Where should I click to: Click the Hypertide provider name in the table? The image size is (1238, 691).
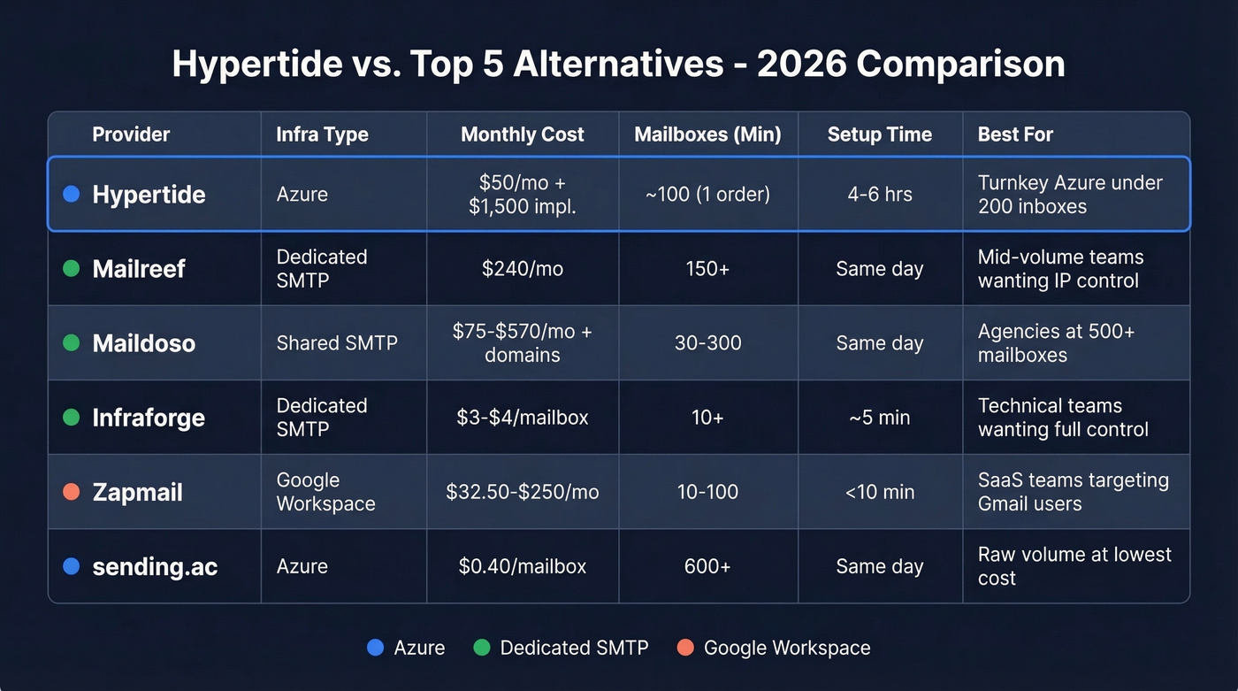coord(149,195)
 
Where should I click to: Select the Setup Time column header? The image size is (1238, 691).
coord(879,134)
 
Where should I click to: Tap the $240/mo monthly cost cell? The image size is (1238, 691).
coord(522,269)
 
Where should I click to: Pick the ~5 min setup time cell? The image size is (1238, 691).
coord(879,418)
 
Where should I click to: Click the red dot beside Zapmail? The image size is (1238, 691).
coord(72,492)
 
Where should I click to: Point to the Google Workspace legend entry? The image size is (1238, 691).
coord(786,648)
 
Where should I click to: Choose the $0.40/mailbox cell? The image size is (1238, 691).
coord(522,566)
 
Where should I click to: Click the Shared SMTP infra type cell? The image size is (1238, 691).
coord(336,343)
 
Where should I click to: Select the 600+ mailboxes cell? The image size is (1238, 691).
coord(707,566)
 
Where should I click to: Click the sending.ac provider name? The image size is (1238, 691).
coord(155,566)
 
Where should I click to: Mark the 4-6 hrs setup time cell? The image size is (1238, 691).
coord(879,195)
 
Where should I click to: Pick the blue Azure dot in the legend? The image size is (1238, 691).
coord(375,648)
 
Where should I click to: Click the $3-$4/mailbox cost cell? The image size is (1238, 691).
coord(522,418)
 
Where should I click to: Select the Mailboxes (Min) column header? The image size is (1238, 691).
coord(707,134)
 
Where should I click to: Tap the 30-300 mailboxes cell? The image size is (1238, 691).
coord(707,343)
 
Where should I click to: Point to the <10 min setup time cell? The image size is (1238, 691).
coord(879,492)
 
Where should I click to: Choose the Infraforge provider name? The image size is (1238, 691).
coord(149,418)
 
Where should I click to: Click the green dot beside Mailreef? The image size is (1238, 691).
coord(72,269)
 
